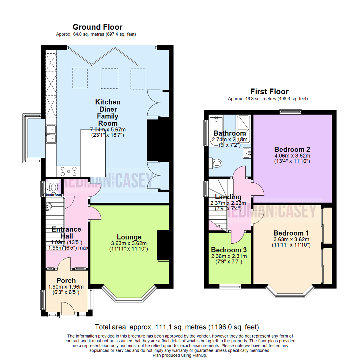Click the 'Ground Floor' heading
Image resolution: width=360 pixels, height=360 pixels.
pos(97,27)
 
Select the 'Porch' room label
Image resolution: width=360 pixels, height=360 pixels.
pos(66,281)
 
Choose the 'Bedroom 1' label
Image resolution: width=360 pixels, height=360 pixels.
pos(291,233)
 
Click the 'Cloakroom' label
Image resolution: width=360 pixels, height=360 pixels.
pos(52,195)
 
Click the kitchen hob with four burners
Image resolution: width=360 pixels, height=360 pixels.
pos(68,172)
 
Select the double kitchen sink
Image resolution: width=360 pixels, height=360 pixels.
pos(51,133)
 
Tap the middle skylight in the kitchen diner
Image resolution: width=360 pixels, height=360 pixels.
pos(110,78)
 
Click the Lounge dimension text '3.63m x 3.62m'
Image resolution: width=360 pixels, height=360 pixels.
pos(129,243)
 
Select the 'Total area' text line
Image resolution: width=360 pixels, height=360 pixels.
pos(177,327)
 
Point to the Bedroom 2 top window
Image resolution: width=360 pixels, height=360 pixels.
pos(291,112)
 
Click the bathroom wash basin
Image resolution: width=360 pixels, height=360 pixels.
pos(247,153)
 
